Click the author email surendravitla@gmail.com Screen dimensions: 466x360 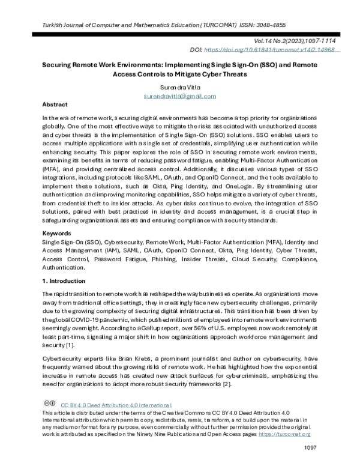coord(181,95)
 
